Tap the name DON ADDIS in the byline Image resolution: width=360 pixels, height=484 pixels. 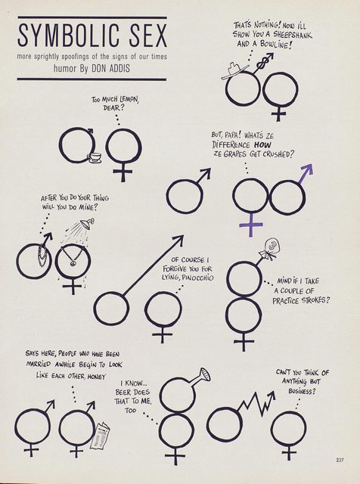(111, 68)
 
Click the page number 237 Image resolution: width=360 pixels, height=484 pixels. (340, 460)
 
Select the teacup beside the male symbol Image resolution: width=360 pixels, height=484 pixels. (95, 157)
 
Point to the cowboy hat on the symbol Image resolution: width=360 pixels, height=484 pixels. (234, 70)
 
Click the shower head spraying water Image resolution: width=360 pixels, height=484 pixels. (87, 223)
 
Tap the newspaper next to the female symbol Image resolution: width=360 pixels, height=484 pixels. (100, 436)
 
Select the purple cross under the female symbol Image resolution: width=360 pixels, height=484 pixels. (251, 225)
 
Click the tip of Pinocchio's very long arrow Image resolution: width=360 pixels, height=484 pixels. (183, 236)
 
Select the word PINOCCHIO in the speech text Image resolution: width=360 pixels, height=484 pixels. (197, 278)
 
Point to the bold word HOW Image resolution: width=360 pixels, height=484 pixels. (263, 144)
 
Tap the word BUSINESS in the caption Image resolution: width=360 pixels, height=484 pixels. (303, 391)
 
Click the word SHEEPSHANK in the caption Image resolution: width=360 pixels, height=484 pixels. (293, 34)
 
